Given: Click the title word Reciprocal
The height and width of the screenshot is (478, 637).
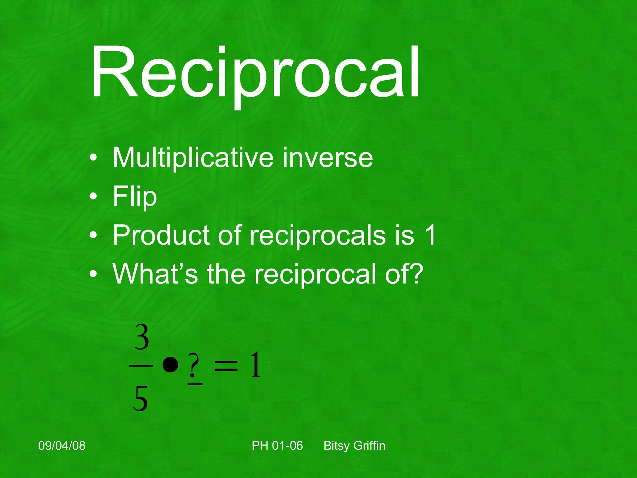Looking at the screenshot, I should coord(255,73).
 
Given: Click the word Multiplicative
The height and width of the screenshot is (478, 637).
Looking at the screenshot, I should coord(193,158).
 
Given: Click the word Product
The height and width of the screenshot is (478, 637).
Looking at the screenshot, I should coord(161,236).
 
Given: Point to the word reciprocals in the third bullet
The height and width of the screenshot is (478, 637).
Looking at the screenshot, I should coord(317,236).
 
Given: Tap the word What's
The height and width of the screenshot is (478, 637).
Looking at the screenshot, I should coord(155,274).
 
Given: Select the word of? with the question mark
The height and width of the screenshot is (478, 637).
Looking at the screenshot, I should coord(404,274).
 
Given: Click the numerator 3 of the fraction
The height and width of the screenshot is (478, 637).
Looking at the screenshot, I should coord(142,338).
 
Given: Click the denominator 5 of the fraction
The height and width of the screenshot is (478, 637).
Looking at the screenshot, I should coord(140,399).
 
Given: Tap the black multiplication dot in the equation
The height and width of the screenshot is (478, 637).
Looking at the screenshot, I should coord(170,364).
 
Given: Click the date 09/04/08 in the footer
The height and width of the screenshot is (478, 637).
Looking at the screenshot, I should coord(62,446).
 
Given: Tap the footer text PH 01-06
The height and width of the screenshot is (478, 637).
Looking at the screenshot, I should coord(277,446).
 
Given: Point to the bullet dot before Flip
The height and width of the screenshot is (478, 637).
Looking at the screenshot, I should coord(93,197).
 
